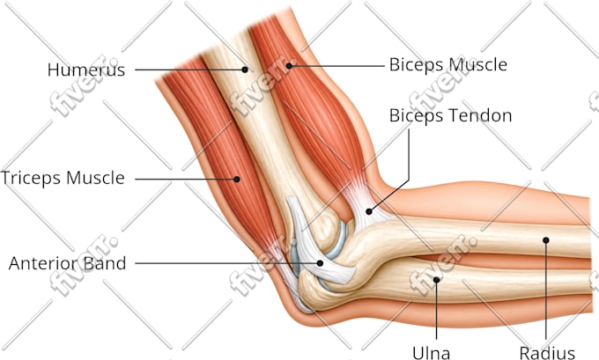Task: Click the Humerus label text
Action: coord(86,70)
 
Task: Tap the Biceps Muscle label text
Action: coord(448,64)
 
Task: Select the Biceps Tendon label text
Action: coord(451,115)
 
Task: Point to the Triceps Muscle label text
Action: coord(63,179)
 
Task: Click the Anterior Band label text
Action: coord(67,263)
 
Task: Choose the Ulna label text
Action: coord(431,352)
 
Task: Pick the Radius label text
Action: coord(547,352)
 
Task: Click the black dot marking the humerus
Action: coord(245,70)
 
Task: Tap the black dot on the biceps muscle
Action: coord(289,66)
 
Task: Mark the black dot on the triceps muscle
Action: coord(237,179)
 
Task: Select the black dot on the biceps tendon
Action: coord(368,211)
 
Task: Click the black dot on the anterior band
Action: coord(320,263)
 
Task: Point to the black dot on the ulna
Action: coord(436,280)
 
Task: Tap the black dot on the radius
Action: coord(546,240)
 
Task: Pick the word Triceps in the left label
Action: coord(31,179)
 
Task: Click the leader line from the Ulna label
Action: coord(436,310)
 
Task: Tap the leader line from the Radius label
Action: coord(546,290)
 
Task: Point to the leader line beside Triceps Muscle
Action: coord(186,179)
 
